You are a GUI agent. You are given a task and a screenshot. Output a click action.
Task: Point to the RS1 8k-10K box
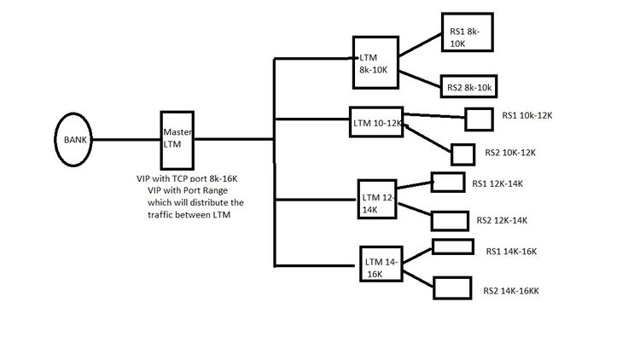(x=468, y=35)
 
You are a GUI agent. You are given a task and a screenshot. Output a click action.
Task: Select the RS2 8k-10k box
(x=468, y=85)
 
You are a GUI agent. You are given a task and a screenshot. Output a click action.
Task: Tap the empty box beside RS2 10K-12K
(x=463, y=154)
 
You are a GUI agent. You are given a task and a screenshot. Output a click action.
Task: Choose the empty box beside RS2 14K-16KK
(x=451, y=287)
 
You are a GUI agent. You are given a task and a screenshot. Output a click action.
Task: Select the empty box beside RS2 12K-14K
(x=449, y=220)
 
